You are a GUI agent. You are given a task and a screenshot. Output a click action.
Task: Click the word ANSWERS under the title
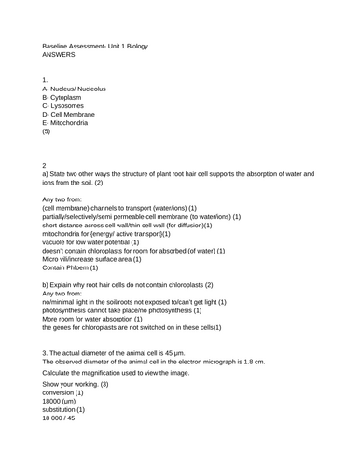point(60,56)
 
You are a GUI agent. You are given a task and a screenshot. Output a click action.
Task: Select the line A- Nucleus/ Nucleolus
point(75,89)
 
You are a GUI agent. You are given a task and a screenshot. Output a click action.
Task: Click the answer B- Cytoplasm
point(66,100)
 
